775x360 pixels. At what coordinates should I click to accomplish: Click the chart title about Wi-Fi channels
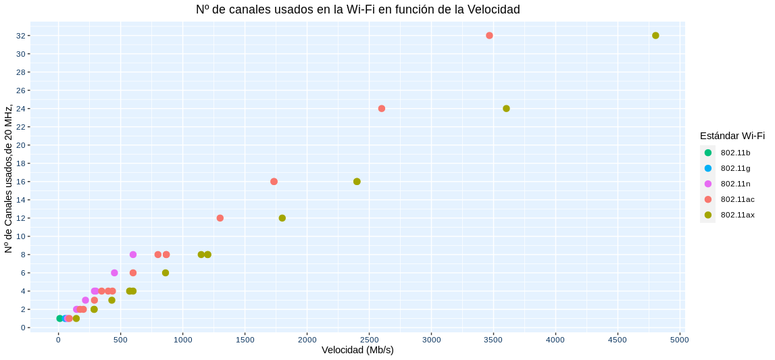pos(357,9)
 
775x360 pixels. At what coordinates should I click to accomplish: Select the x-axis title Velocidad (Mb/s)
pos(357,350)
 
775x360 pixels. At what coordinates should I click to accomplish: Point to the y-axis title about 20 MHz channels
pos(9,179)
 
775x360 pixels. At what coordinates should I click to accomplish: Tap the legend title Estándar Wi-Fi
pos(732,136)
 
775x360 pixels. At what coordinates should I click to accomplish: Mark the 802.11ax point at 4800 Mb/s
pos(655,35)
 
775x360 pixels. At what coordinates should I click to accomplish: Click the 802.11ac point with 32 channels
pos(489,35)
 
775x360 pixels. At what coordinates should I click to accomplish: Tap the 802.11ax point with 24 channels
pos(506,109)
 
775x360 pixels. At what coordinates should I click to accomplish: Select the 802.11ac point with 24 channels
pos(382,109)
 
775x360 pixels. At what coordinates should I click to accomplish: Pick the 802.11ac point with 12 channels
pos(220,218)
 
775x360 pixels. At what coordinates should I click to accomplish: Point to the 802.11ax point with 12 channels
pos(282,218)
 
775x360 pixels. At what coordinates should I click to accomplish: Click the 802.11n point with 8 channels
pos(133,255)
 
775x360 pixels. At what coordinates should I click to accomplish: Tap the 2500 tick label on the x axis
pos(369,340)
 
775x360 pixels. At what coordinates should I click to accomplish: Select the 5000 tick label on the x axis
pos(680,340)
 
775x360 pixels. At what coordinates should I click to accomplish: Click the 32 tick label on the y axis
pos(22,35)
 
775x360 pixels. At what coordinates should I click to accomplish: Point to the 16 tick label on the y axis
pos(22,182)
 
